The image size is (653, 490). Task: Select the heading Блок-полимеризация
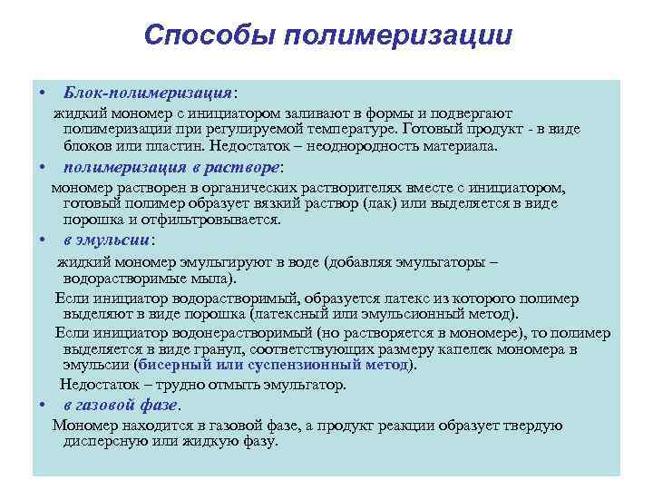click(147, 93)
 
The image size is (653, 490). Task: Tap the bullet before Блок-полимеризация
click(43, 93)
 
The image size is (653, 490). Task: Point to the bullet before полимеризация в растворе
click(43, 168)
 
